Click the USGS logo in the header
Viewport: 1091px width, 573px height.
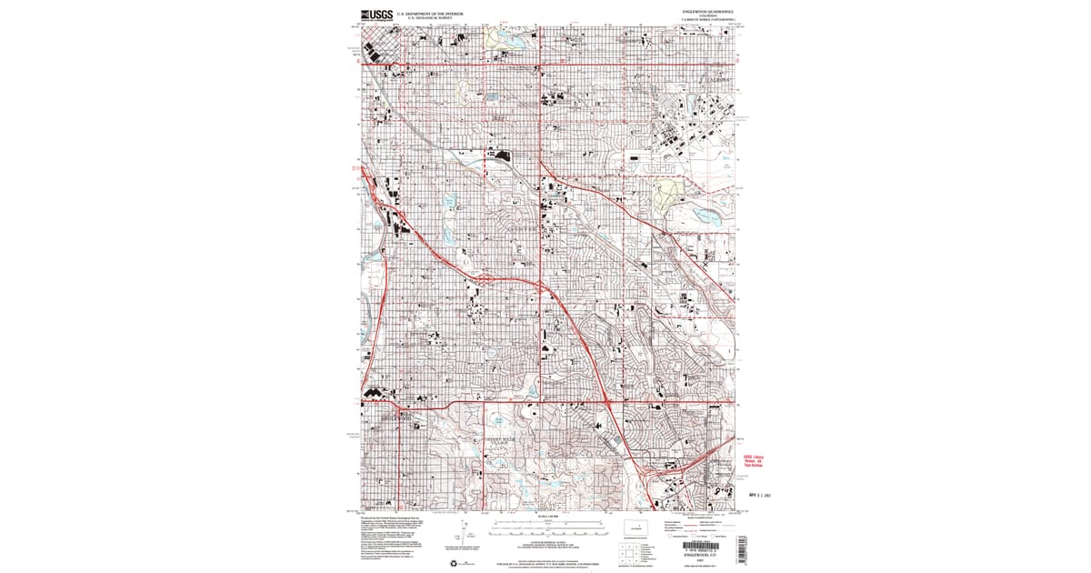(376, 15)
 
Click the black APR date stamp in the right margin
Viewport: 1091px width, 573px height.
(759, 496)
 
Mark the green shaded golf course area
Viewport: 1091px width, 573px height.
(668, 192)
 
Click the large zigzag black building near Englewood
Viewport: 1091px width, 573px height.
(375, 393)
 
